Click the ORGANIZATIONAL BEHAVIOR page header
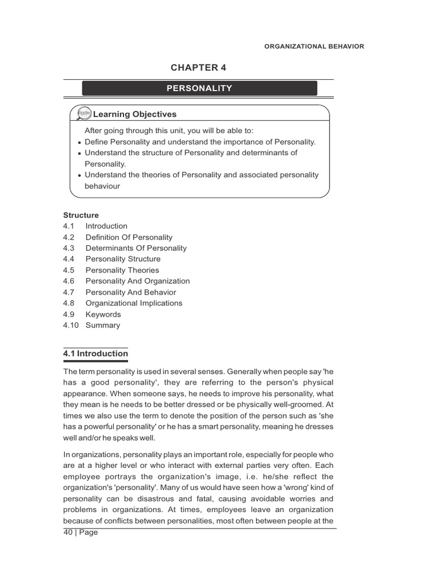314,46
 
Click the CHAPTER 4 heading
198,67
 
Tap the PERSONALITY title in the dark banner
199,88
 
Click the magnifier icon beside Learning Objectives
84,114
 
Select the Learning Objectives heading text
135,114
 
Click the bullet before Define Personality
79,143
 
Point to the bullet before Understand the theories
79,176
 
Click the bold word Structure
80,215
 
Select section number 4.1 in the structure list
69,226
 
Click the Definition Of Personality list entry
129,237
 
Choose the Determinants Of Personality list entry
135,248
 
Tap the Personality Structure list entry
122,259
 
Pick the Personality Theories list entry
122,270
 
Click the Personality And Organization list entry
137,281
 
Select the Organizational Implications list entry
134,303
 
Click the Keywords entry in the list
103,314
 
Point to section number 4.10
70,325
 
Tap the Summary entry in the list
103,325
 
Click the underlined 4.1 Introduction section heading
95,353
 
